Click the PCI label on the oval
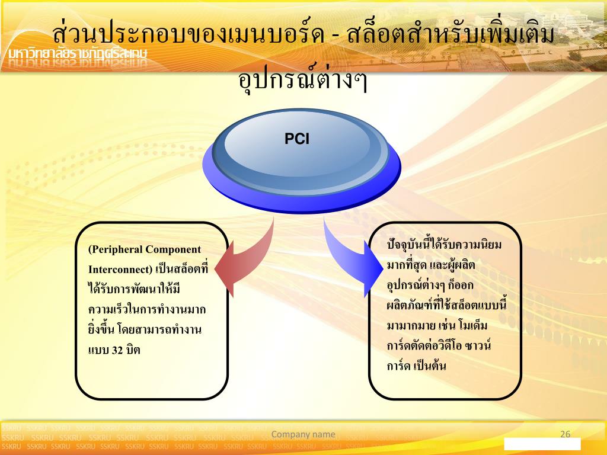click(x=297, y=139)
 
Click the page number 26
click(x=565, y=434)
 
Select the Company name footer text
click(x=303, y=434)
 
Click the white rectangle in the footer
click(x=542, y=444)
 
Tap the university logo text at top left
click(x=77, y=55)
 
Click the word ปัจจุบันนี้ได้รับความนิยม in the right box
click(x=444, y=244)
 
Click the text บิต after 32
click(x=133, y=350)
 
